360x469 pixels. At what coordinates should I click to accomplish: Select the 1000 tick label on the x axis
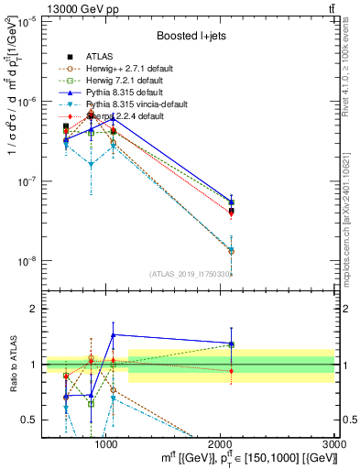pos(106,442)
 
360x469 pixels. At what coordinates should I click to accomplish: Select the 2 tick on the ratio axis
pos(33,309)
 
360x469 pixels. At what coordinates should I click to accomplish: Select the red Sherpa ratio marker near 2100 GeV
pos(232,370)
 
